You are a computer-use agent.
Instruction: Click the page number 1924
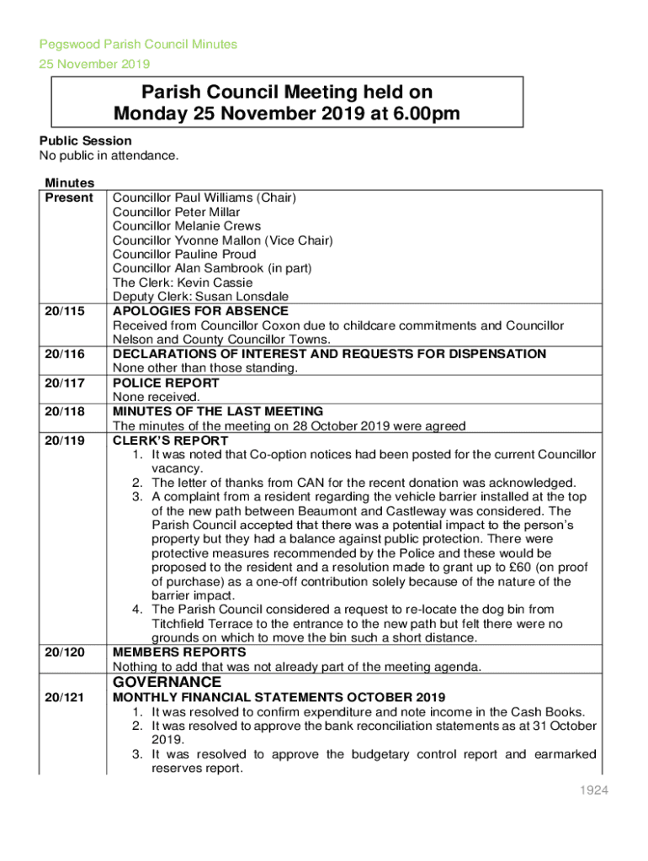(592, 790)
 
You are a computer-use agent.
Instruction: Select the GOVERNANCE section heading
(167, 682)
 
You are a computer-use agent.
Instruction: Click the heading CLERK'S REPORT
(170, 440)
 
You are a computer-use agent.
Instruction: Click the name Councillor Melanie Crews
(187, 226)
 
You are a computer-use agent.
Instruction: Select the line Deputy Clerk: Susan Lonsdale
(200, 297)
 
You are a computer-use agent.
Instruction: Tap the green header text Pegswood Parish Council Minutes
(139, 45)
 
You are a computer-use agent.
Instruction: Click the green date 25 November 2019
(94, 64)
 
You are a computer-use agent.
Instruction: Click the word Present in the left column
(69, 198)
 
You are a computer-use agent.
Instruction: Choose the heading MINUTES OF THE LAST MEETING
(218, 411)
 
